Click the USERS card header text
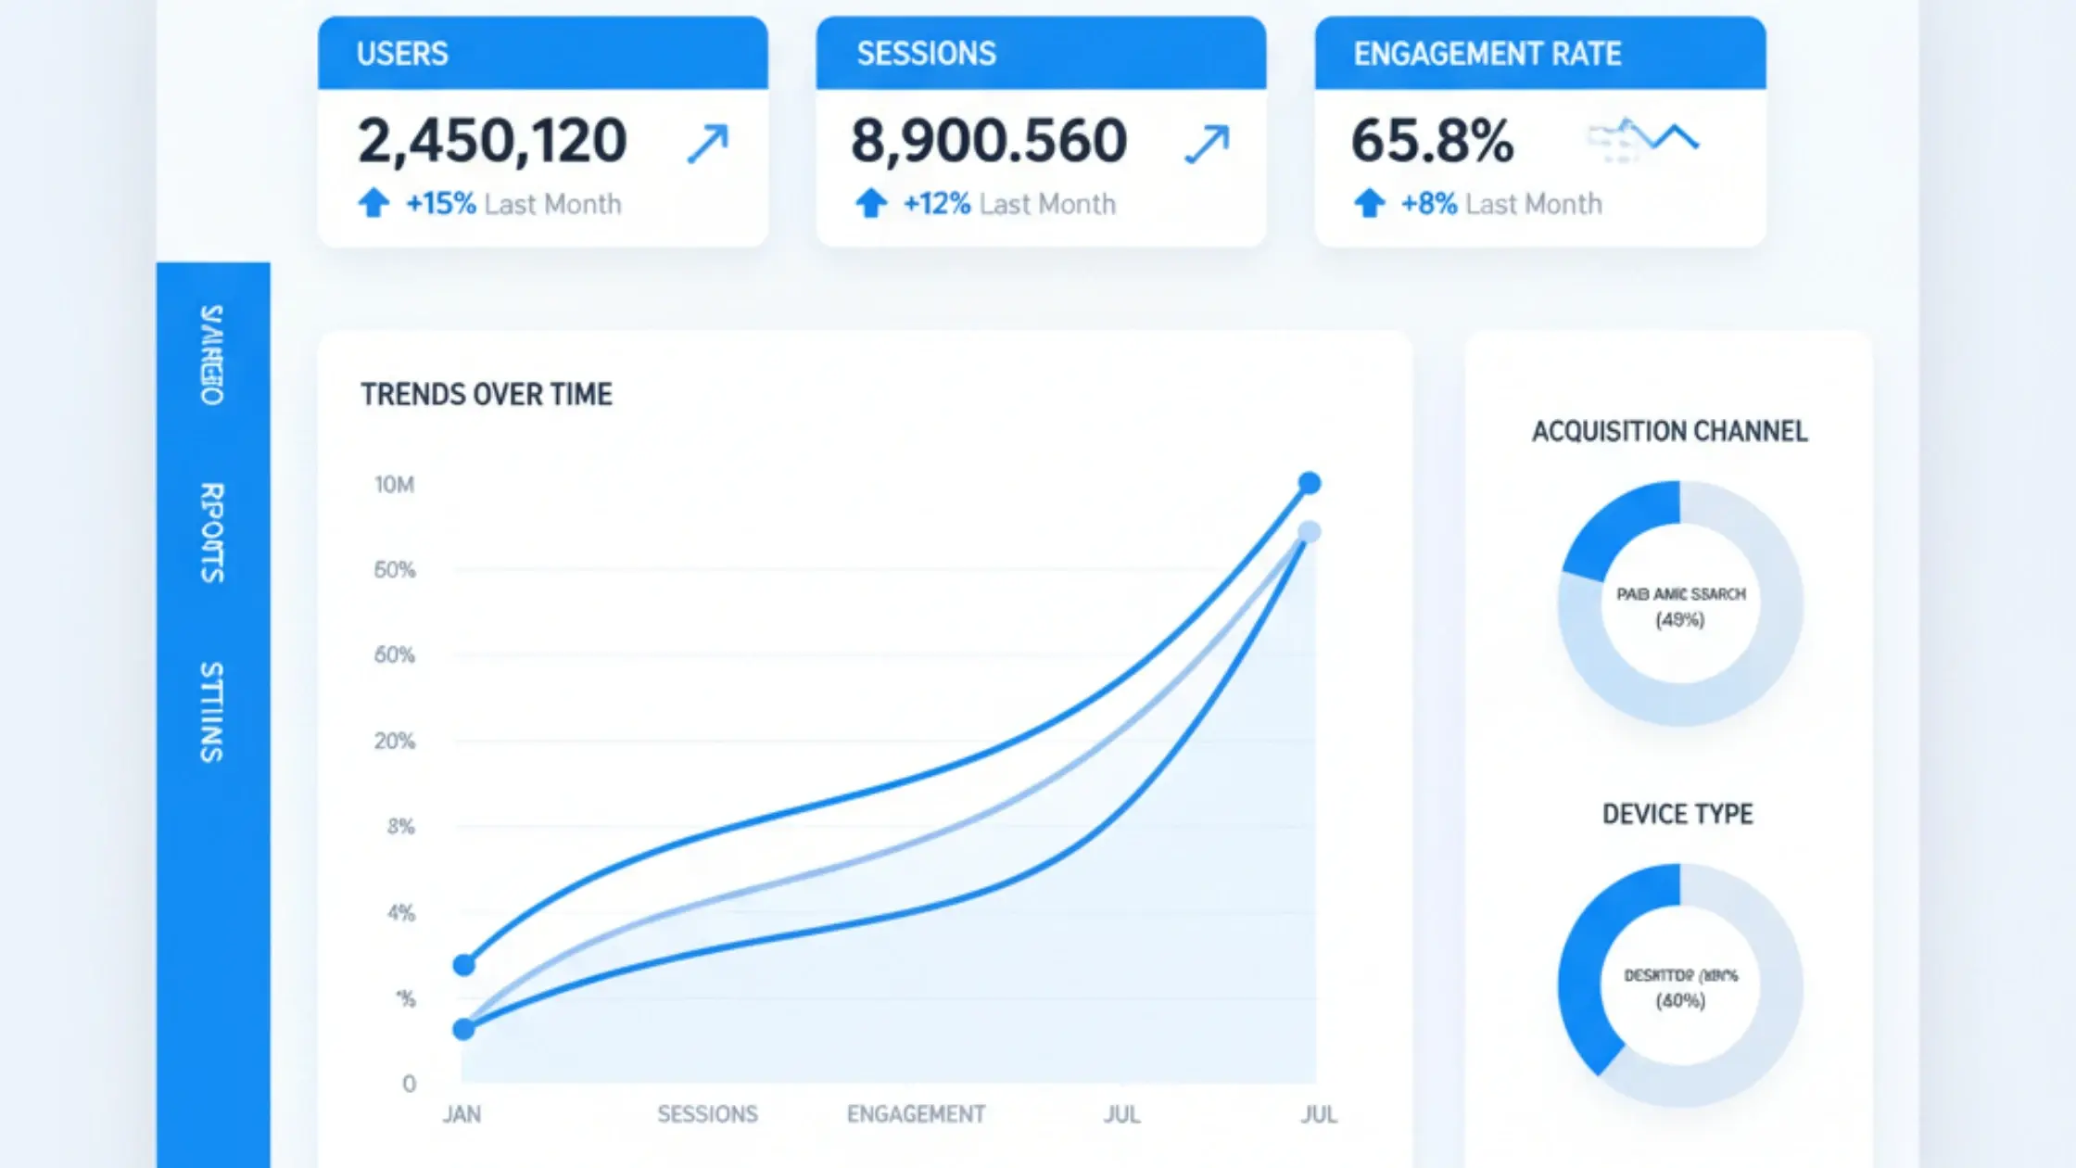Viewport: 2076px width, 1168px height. [x=402, y=54]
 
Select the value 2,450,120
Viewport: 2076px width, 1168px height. [x=492, y=141]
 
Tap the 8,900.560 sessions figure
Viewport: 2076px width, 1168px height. [x=989, y=141]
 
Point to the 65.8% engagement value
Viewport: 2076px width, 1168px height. [x=1432, y=141]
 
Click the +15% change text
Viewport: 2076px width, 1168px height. [x=441, y=204]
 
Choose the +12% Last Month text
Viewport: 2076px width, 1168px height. [x=1009, y=204]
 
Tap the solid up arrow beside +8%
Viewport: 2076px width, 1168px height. [x=1369, y=203]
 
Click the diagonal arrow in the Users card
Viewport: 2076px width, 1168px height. [x=708, y=145]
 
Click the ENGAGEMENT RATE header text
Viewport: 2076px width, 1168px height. [x=1487, y=54]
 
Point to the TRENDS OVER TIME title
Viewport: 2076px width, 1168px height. [x=487, y=395]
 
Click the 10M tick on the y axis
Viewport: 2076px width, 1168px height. [x=394, y=485]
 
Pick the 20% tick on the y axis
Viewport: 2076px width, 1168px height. [x=394, y=742]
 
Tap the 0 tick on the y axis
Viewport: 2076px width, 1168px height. [x=409, y=1084]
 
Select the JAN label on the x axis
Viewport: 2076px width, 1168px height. [x=462, y=1114]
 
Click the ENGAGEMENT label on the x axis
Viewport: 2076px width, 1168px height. [x=916, y=1114]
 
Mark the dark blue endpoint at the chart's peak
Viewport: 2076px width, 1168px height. [x=1310, y=483]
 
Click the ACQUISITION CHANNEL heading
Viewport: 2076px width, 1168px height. [x=1669, y=432]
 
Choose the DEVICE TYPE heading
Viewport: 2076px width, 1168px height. [x=1677, y=815]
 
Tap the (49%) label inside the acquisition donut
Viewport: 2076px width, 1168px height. [x=1680, y=620]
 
